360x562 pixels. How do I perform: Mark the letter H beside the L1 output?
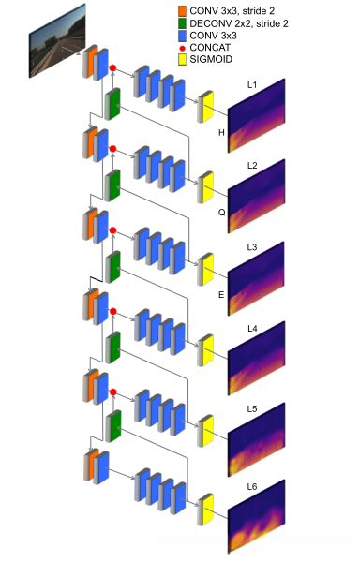pyautogui.click(x=222, y=132)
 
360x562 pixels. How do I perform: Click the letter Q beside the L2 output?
pyautogui.click(x=222, y=212)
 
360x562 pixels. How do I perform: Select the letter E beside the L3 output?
pyautogui.click(x=222, y=293)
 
